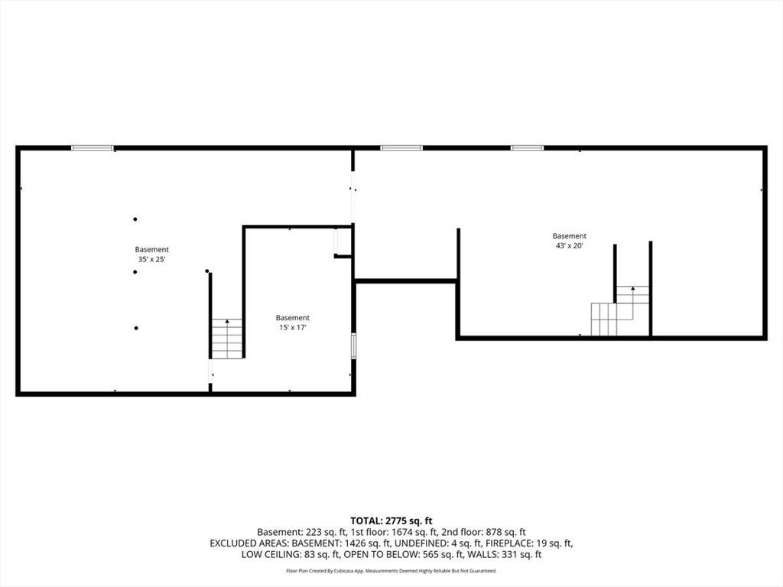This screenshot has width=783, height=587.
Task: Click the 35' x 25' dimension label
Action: tap(152, 260)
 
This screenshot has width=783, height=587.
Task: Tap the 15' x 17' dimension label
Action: tap(293, 327)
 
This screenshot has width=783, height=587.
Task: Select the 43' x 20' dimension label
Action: tap(569, 245)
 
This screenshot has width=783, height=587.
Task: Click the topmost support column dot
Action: tap(135, 219)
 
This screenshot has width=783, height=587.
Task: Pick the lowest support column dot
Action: tap(136, 328)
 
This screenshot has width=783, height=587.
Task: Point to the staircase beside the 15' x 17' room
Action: tap(227, 339)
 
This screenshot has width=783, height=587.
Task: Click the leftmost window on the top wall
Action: tap(93, 148)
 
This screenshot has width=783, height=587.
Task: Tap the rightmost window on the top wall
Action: tap(527, 148)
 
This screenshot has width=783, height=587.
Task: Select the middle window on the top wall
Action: tap(401, 148)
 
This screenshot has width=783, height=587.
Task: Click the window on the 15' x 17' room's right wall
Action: tap(353, 346)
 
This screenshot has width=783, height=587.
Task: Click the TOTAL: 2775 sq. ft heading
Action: tap(391, 521)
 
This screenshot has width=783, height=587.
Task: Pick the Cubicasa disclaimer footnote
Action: tap(391, 570)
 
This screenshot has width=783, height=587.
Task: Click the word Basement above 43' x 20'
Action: tap(569, 236)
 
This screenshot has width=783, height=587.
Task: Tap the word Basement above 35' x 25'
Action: tap(152, 250)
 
